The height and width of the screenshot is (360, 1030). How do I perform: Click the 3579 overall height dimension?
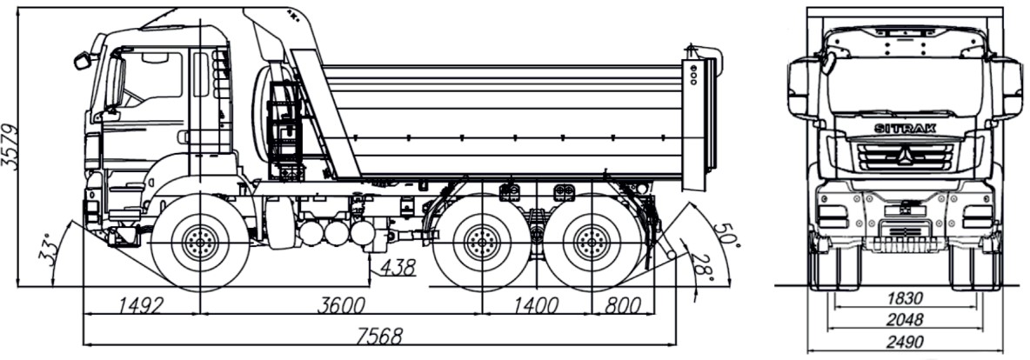(10, 147)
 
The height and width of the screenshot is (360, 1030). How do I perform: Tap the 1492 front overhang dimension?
(141, 305)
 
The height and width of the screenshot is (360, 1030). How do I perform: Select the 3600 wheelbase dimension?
(341, 305)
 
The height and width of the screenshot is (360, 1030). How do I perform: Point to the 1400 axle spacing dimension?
(536, 305)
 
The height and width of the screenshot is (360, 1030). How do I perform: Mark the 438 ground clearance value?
(398, 267)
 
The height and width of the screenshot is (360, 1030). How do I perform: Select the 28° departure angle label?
(699, 270)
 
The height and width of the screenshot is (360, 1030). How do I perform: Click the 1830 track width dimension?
(906, 298)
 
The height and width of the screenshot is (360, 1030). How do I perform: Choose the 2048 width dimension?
(906, 320)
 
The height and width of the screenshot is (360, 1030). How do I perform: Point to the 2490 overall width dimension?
(906, 342)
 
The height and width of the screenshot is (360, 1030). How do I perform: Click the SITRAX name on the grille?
(906, 128)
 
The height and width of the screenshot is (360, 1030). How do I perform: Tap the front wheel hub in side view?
(200, 243)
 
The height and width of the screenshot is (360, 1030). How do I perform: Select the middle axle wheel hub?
(482, 243)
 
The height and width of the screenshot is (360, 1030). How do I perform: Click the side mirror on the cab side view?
(82, 61)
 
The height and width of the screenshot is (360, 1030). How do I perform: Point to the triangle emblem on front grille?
(906, 156)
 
